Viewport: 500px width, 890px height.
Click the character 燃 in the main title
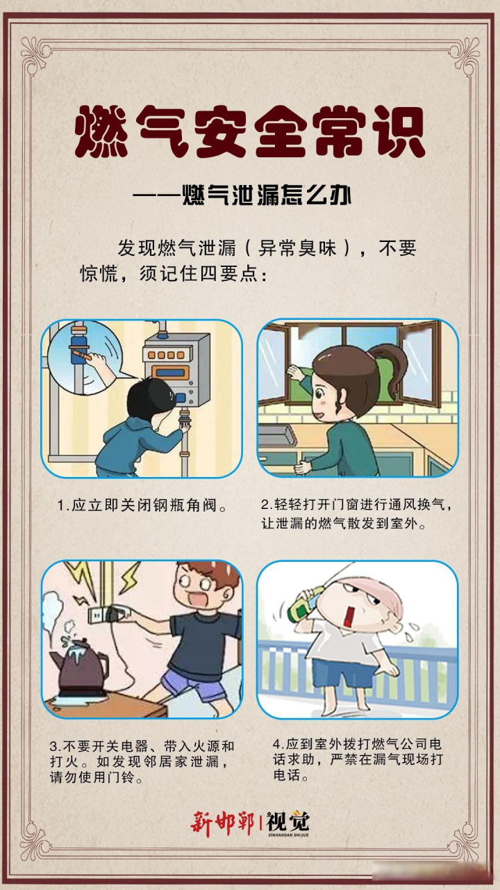[x=102, y=133]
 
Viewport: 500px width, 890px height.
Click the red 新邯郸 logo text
[x=222, y=823]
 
